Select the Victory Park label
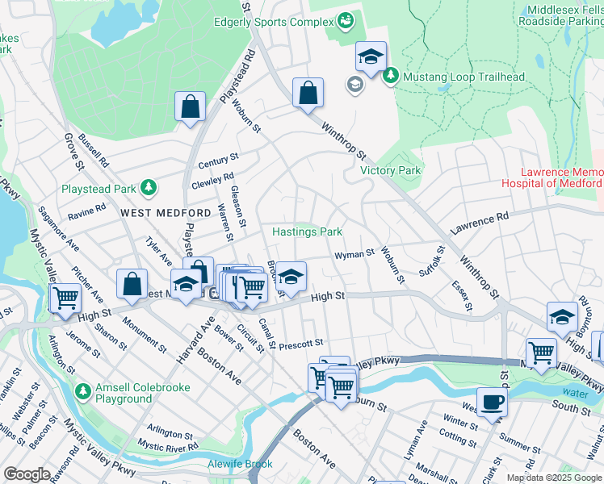click(390, 171)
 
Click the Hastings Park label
click(307, 232)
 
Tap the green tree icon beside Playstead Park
click(148, 189)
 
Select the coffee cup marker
click(491, 401)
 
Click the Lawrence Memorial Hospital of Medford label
click(560, 178)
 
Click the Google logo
click(27, 474)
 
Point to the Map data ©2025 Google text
click(554, 478)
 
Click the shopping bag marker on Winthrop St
click(308, 93)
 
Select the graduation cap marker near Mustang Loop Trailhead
click(371, 56)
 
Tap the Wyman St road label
click(354, 254)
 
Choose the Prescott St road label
click(301, 344)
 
